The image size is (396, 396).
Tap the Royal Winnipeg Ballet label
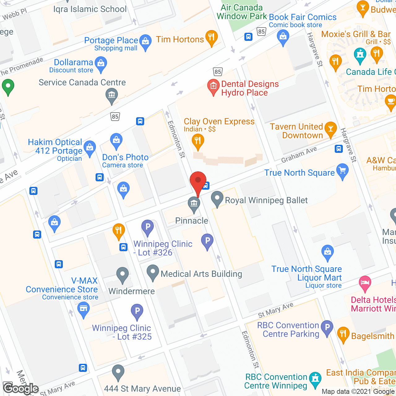pyautogui.click(x=266, y=200)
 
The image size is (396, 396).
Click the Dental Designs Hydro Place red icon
pyautogui.click(x=213, y=86)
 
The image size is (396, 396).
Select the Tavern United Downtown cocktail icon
pyautogui.click(x=330, y=130)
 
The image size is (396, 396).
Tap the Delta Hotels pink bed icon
pyautogui.click(x=365, y=283)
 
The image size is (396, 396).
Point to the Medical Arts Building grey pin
pyautogui.click(x=153, y=272)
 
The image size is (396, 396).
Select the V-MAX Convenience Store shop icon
pyautogui.click(x=83, y=309)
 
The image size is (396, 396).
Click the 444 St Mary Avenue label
pyautogui.click(x=142, y=389)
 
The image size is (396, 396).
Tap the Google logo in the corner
pyautogui.click(x=21, y=388)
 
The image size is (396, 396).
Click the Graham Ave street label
pyautogui.click(x=299, y=154)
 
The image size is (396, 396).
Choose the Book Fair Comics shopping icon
pyautogui.click(x=283, y=37)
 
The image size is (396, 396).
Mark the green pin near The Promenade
pyautogui.click(x=8, y=86)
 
